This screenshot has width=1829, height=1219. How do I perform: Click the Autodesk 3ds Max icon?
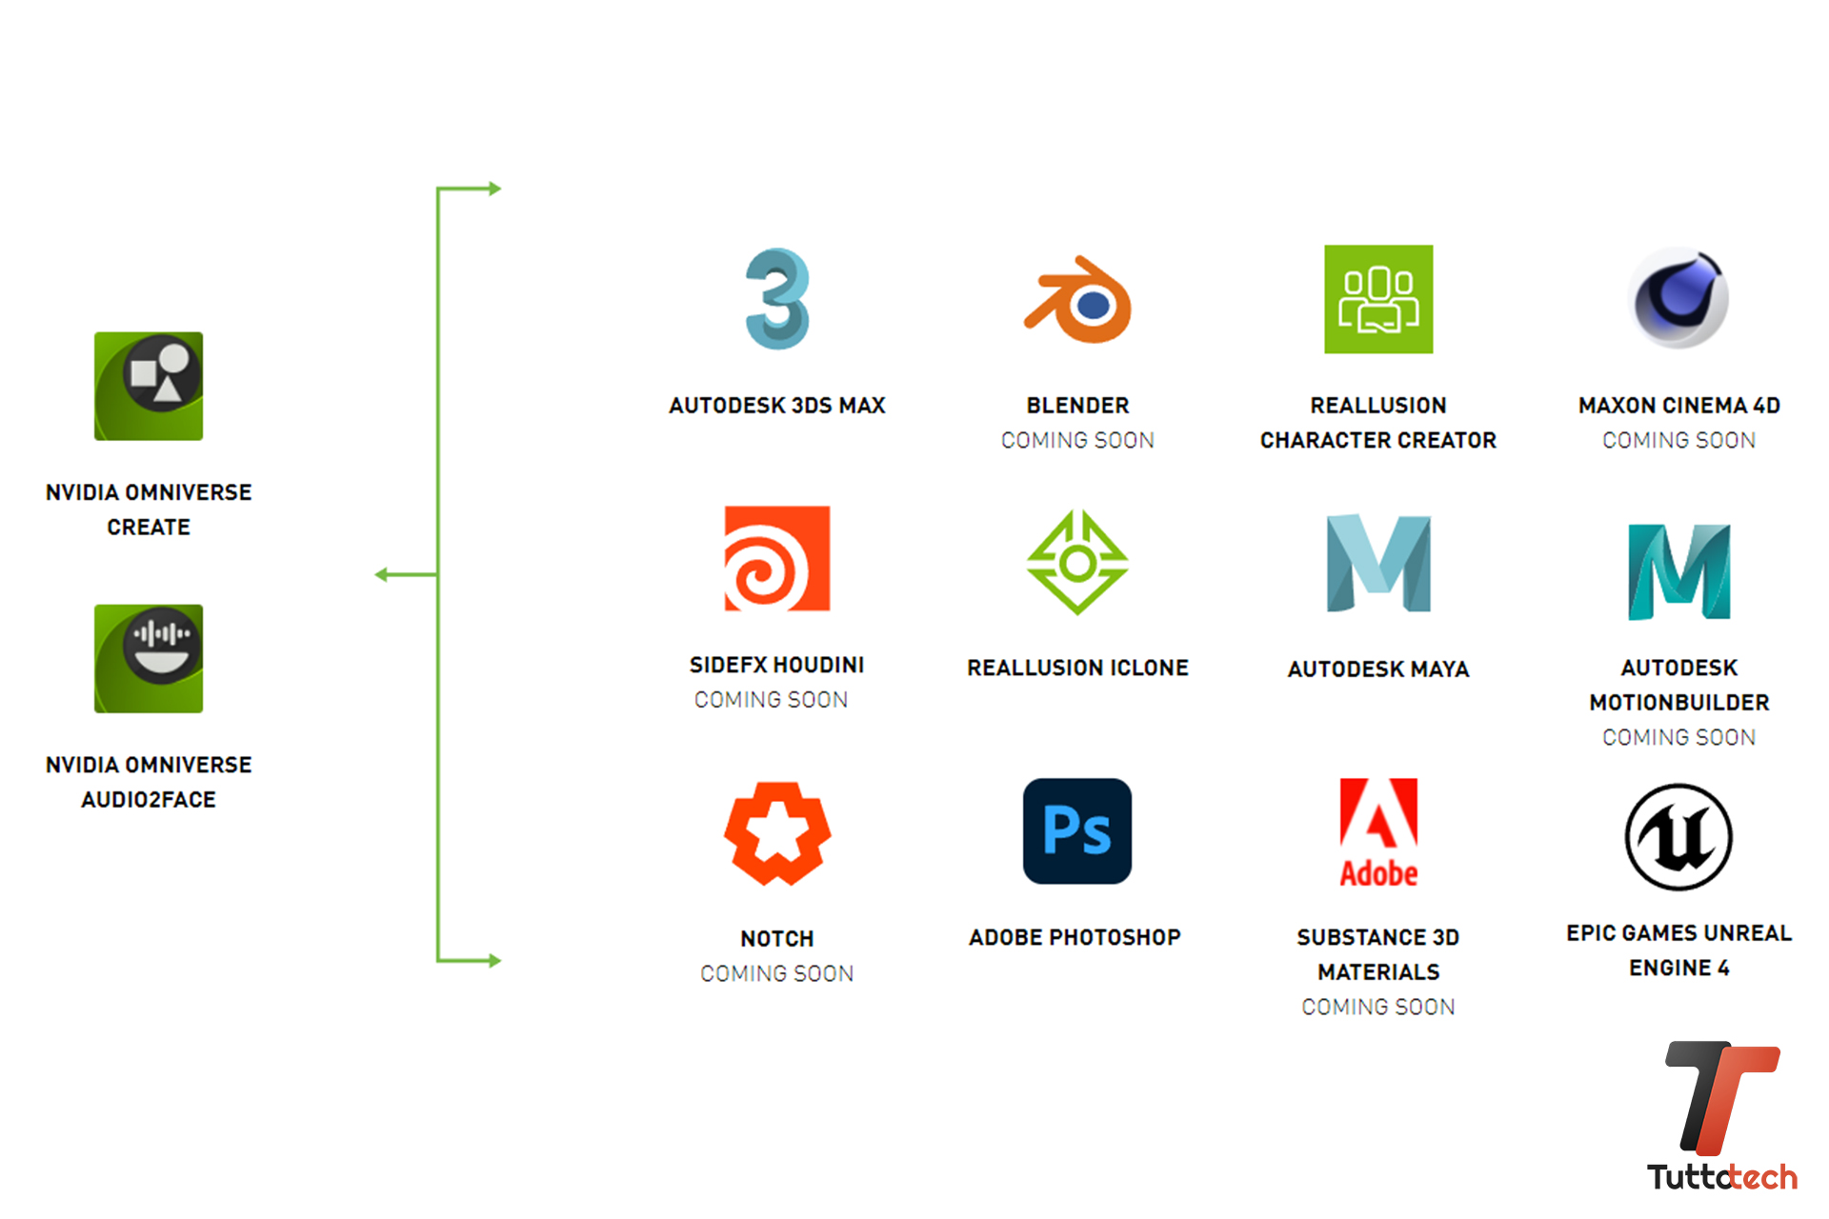tap(777, 299)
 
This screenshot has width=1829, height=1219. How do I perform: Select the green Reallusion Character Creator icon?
tap(1378, 299)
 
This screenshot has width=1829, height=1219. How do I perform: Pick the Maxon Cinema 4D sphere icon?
tap(1678, 298)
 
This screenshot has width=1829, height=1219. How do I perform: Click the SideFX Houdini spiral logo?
tap(777, 558)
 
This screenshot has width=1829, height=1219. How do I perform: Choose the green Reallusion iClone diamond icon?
tap(1077, 562)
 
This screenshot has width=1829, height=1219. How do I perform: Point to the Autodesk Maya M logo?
tap(1378, 563)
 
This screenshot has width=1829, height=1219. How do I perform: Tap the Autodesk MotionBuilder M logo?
tap(1678, 571)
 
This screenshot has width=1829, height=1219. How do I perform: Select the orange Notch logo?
tap(777, 833)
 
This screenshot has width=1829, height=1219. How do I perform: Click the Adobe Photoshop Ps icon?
tap(1077, 831)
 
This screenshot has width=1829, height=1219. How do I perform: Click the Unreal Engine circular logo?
tap(1678, 837)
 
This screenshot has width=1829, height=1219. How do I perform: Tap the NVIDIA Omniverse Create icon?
tap(149, 386)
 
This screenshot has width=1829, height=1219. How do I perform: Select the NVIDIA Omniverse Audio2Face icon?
tap(149, 658)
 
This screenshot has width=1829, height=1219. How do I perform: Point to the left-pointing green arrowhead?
tap(382, 574)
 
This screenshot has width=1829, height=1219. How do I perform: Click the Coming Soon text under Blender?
tap(1077, 440)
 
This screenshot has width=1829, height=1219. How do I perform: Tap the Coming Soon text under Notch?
tap(777, 973)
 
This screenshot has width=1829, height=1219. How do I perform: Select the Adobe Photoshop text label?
tap(1075, 937)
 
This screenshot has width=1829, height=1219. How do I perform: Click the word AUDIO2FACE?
tap(149, 800)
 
